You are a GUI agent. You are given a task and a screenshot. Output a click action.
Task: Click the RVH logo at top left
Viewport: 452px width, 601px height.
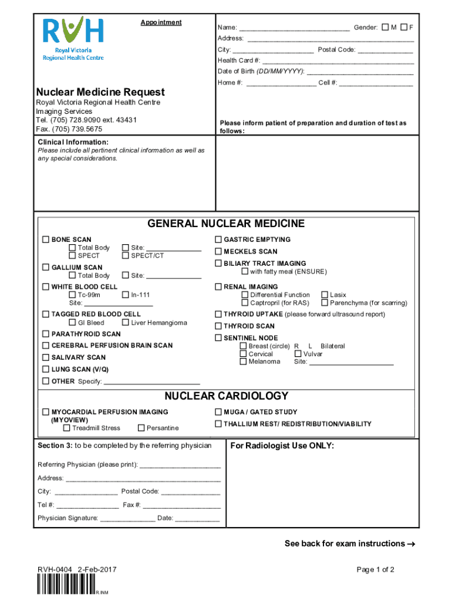(x=73, y=39)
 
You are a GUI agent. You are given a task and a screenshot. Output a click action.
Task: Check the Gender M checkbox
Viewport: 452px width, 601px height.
(x=385, y=28)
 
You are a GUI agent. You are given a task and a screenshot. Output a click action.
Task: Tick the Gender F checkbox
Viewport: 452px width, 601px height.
(x=403, y=28)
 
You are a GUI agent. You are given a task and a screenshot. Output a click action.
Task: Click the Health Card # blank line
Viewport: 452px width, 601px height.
(x=338, y=61)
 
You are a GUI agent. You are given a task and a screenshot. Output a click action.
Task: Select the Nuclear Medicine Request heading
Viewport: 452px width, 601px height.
(x=100, y=92)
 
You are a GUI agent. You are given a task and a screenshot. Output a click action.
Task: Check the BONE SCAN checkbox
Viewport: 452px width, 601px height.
(x=45, y=239)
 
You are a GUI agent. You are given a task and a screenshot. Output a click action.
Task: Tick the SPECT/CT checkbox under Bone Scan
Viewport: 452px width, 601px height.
(x=125, y=256)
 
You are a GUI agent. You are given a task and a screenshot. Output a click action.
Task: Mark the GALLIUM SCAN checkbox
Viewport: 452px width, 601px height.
(x=45, y=268)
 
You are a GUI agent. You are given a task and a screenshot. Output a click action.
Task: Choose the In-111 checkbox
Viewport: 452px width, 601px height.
(x=125, y=295)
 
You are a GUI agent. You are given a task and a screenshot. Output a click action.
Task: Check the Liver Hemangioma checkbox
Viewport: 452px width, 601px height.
(x=125, y=323)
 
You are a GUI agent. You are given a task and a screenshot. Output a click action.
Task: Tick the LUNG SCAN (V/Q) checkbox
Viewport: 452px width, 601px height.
(x=45, y=369)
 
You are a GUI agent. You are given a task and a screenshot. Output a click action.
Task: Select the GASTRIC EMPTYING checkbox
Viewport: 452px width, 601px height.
(x=218, y=239)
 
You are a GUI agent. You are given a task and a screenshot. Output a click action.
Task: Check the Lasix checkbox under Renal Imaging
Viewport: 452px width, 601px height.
(x=325, y=295)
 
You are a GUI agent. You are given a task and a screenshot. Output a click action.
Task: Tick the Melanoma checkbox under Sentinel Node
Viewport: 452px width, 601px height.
(x=243, y=362)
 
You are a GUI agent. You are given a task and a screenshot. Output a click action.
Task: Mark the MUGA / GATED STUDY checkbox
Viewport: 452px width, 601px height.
(x=218, y=412)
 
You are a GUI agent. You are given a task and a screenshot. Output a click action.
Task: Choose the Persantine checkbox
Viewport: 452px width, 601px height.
(x=141, y=428)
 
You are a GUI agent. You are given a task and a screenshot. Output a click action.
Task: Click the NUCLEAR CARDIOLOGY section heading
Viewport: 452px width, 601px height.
(x=226, y=396)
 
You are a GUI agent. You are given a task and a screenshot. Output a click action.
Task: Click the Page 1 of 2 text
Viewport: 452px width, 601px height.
(x=375, y=570)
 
